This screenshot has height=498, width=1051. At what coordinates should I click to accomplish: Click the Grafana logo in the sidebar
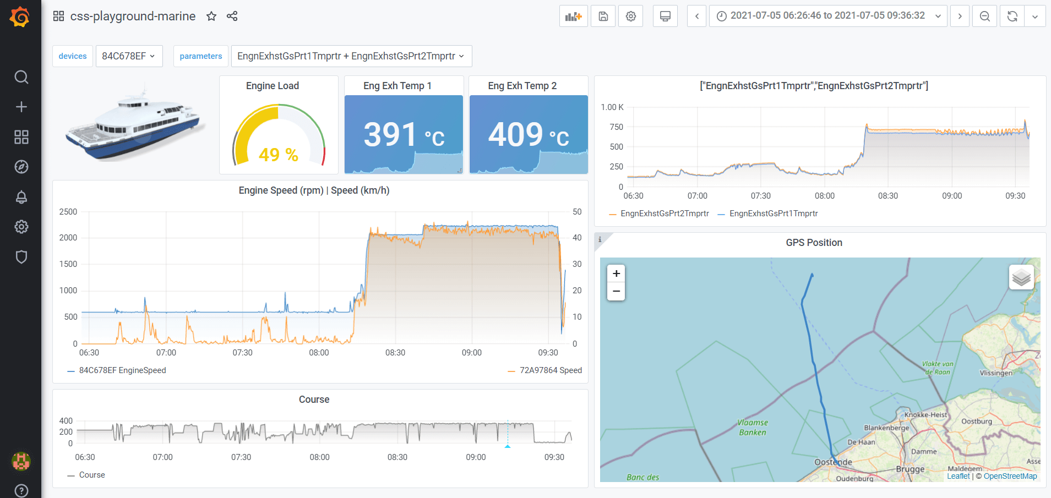(20, 17)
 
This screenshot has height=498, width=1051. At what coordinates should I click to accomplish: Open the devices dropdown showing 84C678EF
(129, 56)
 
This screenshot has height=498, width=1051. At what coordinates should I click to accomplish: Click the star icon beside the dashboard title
(211, 17)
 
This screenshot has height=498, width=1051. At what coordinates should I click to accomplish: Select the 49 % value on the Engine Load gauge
(278, 155)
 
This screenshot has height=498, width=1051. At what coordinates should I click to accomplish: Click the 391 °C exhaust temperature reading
(404, 135)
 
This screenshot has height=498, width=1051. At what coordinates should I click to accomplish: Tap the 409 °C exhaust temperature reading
(529, 135)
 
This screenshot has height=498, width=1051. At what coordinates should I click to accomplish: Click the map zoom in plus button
(616, 273)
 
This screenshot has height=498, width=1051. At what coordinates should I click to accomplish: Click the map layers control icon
(1021, 277)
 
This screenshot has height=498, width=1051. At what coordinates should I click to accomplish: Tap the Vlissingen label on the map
(996, 373)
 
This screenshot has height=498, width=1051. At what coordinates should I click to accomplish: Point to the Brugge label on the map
(910, 469)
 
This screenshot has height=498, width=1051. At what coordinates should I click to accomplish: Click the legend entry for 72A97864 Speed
(551, 370)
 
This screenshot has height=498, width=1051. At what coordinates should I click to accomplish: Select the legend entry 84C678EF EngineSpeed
(122, 370)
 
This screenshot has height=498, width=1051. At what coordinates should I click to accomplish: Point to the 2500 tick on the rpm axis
(68, 212)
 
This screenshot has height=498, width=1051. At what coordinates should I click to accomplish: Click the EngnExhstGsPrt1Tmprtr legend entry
(773, 214)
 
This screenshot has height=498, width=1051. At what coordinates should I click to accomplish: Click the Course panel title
(314, 400)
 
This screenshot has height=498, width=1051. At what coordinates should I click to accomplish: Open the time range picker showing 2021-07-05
(827, 16)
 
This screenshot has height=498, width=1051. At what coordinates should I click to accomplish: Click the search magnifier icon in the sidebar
(21, 77)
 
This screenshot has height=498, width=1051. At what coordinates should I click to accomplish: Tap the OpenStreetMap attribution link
(1010, 477)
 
